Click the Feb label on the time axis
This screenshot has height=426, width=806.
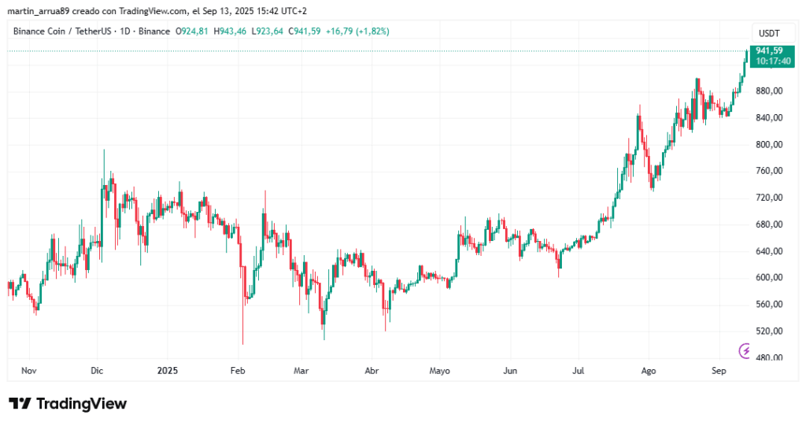tap(238, 369)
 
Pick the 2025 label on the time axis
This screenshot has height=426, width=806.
tap(168, 369)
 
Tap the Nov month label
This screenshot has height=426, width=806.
tap(29, 369)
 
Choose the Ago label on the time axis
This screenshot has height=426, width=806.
tap(649, 369)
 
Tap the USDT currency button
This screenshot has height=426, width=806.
tap(769, 32)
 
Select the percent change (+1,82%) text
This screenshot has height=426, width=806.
tap(370, 31)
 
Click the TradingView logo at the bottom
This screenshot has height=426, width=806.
tap(68, 404)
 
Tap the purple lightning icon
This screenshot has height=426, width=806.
tap(744, 350)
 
